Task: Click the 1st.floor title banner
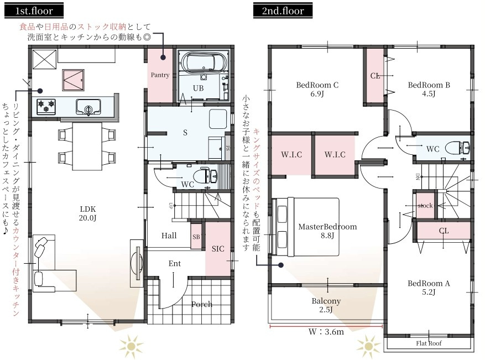(34, 11)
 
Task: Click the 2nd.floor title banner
(283, 11)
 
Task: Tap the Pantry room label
(160, 75)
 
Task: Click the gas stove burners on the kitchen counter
(46, 106)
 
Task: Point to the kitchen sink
(88, 107)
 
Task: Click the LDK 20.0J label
(87, 213)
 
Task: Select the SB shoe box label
(196, 237)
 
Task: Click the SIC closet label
(218, 249)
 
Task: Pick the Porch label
(202, 304)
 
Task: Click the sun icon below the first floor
(131, 346)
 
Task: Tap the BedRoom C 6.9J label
(317, 89)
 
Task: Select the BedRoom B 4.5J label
(429, 89)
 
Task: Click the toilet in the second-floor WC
(457, 148)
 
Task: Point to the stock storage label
(425, 206)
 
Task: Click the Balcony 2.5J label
(326, 305)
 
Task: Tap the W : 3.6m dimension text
(326, 332)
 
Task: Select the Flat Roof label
(429, 343)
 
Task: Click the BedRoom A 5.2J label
(429, 288)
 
